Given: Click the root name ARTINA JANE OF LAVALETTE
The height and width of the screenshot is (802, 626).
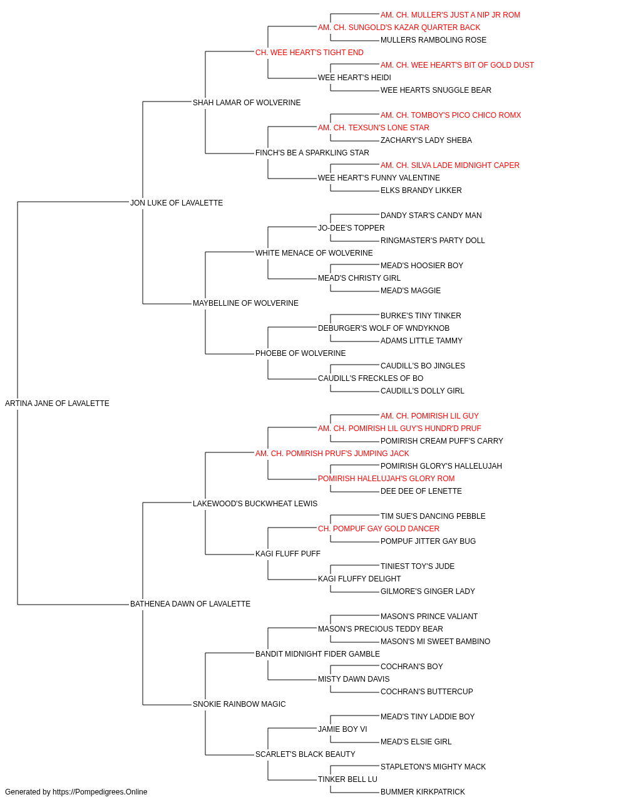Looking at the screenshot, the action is tap(57, 404).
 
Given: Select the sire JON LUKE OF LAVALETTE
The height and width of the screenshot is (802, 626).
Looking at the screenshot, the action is tap(177, 202).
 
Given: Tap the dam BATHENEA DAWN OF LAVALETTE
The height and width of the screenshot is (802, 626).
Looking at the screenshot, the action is tap(190, 604).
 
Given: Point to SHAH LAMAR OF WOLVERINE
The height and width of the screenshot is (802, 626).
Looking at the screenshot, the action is tap(247, 103).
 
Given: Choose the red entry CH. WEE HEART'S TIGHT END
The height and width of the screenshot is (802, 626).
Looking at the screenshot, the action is tap(309, 53).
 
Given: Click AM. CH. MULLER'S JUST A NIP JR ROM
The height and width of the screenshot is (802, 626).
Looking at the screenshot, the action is tap(450, 15).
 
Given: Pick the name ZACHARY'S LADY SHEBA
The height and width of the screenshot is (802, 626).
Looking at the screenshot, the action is tap(426, 140).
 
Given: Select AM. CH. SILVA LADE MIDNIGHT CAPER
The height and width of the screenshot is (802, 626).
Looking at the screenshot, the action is tap(449, 165).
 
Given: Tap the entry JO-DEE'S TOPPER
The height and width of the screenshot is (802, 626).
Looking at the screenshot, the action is tap(351, 227).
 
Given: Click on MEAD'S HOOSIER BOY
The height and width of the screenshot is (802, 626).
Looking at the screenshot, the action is tap(422, 266).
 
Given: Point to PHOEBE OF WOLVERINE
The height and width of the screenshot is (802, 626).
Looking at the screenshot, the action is tap(300, 353).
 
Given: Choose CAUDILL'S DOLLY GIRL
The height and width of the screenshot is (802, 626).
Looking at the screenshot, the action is tap(422, 391).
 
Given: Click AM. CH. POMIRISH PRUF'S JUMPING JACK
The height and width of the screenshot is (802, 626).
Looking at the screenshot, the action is tap(332, 454).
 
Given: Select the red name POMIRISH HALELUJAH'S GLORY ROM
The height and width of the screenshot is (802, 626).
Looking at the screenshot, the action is tap(386, 479).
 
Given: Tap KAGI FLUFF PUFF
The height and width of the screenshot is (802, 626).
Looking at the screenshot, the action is tap(288, 554).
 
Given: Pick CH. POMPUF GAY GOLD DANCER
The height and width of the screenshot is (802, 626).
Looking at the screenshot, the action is tap(379, 529).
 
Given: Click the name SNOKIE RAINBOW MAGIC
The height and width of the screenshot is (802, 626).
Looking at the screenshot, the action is tap(239, 704).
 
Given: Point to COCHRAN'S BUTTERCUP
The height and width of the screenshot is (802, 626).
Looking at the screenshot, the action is tap(426, 692).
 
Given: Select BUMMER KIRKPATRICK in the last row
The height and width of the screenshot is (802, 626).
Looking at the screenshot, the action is tap(423, 792).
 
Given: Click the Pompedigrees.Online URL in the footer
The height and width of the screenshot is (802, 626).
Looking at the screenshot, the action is tap(100, 792).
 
